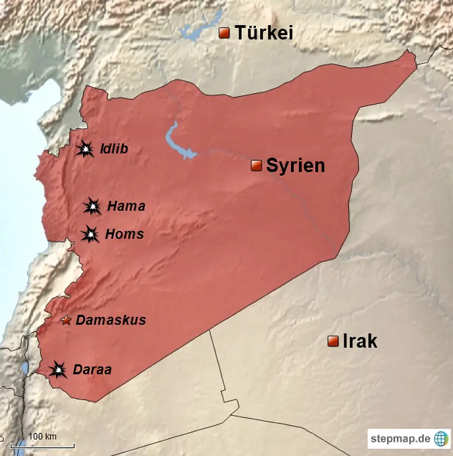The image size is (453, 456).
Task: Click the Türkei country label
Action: [x=264, y=33]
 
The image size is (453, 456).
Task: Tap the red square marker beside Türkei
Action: [x=224, y=33]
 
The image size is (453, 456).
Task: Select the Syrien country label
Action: [x=295, y=166]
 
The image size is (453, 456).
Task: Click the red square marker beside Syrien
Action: [x=256, y=166]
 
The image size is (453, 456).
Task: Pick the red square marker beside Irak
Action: [x=333, y=341]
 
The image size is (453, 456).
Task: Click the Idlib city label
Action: [x=113, y=148]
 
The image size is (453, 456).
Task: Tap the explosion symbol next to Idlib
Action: [x=86, y=149]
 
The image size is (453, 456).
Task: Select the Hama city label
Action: [x=126, y=207]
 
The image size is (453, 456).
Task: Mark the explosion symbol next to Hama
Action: [x=92, y=207]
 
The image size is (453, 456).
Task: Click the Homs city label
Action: [x=124, y=235]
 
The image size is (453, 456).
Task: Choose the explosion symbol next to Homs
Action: [x=90, y=235]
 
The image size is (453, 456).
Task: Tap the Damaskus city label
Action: [x=110, y=321]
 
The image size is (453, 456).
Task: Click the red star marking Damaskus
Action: [x=66, y=321]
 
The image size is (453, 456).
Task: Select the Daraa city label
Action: [x=92, y=370]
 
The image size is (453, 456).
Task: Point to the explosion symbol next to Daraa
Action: [x=58, y=370]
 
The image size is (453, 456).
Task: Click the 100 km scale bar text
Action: [x=43, y=436]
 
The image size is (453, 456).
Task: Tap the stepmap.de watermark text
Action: [x=400, y=439]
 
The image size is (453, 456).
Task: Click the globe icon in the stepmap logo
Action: [x=441, y=439]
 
